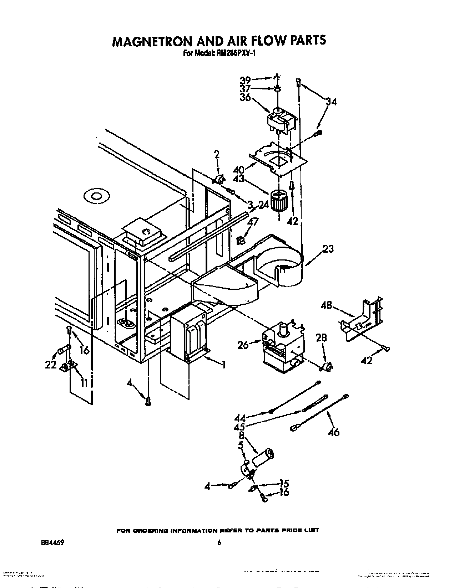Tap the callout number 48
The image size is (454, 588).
[x=326, y=305]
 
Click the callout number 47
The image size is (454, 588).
[x=253, y=222]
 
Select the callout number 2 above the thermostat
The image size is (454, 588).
[x=217, y=155]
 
